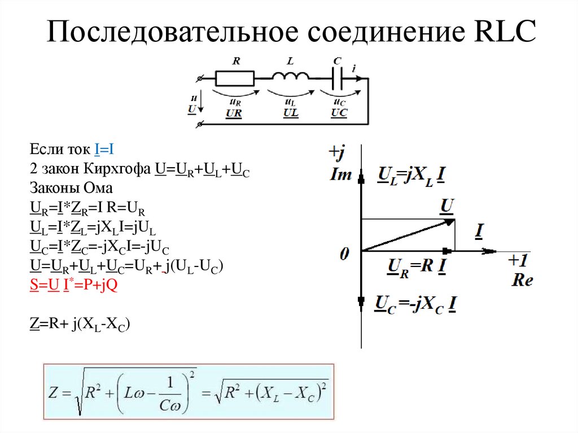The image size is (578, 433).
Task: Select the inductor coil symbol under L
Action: click(291, 78)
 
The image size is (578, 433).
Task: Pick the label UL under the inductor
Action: click(291, 113)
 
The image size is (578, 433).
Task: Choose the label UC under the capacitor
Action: click(339, 113)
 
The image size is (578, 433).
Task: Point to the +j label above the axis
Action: click(337, 152)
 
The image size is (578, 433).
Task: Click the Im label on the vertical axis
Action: click(340, 175)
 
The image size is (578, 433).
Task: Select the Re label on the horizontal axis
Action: click(523, 280)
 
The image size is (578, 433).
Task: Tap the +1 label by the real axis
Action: click(518, 260)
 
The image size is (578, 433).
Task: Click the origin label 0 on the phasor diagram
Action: click(345, 255)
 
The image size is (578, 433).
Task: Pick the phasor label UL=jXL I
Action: click(410, 176)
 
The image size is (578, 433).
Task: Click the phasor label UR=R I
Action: click(417, 266)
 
